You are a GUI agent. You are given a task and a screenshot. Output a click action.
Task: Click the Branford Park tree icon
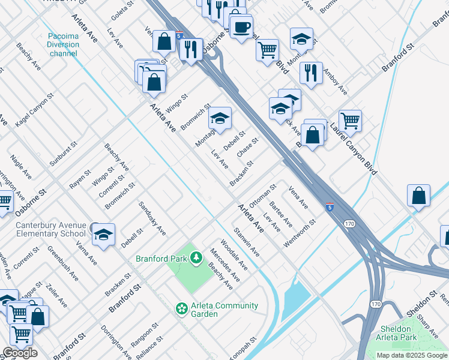pyautogui.click(x=195, y=258)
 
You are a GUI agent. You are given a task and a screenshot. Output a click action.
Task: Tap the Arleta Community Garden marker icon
pyautogui.click(x=181, y=308)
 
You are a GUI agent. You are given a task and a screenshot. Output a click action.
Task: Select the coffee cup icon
pyautogui.click(x=241, y=28)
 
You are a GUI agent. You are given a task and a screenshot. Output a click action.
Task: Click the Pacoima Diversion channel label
pyautogui.click(x=64, y=44)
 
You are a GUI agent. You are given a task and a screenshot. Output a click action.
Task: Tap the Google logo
pyautogui.click(x=20, y=353)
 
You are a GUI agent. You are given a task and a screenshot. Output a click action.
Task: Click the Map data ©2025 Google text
pyautogui.click(x=412, y=355)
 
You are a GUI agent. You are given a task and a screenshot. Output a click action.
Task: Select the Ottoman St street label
pyautogui.click(x=262, y=196)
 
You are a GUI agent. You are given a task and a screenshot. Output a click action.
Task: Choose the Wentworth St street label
pyautogui.click(x=300, y=232)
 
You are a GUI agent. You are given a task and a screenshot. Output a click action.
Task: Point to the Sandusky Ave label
pyautogui.click(x=152, y=217)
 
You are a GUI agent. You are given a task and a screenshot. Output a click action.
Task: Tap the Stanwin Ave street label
pyautogui.click(x=247, y=241)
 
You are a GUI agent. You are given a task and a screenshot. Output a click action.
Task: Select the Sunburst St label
pyautogui.click(x=64, y=154)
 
